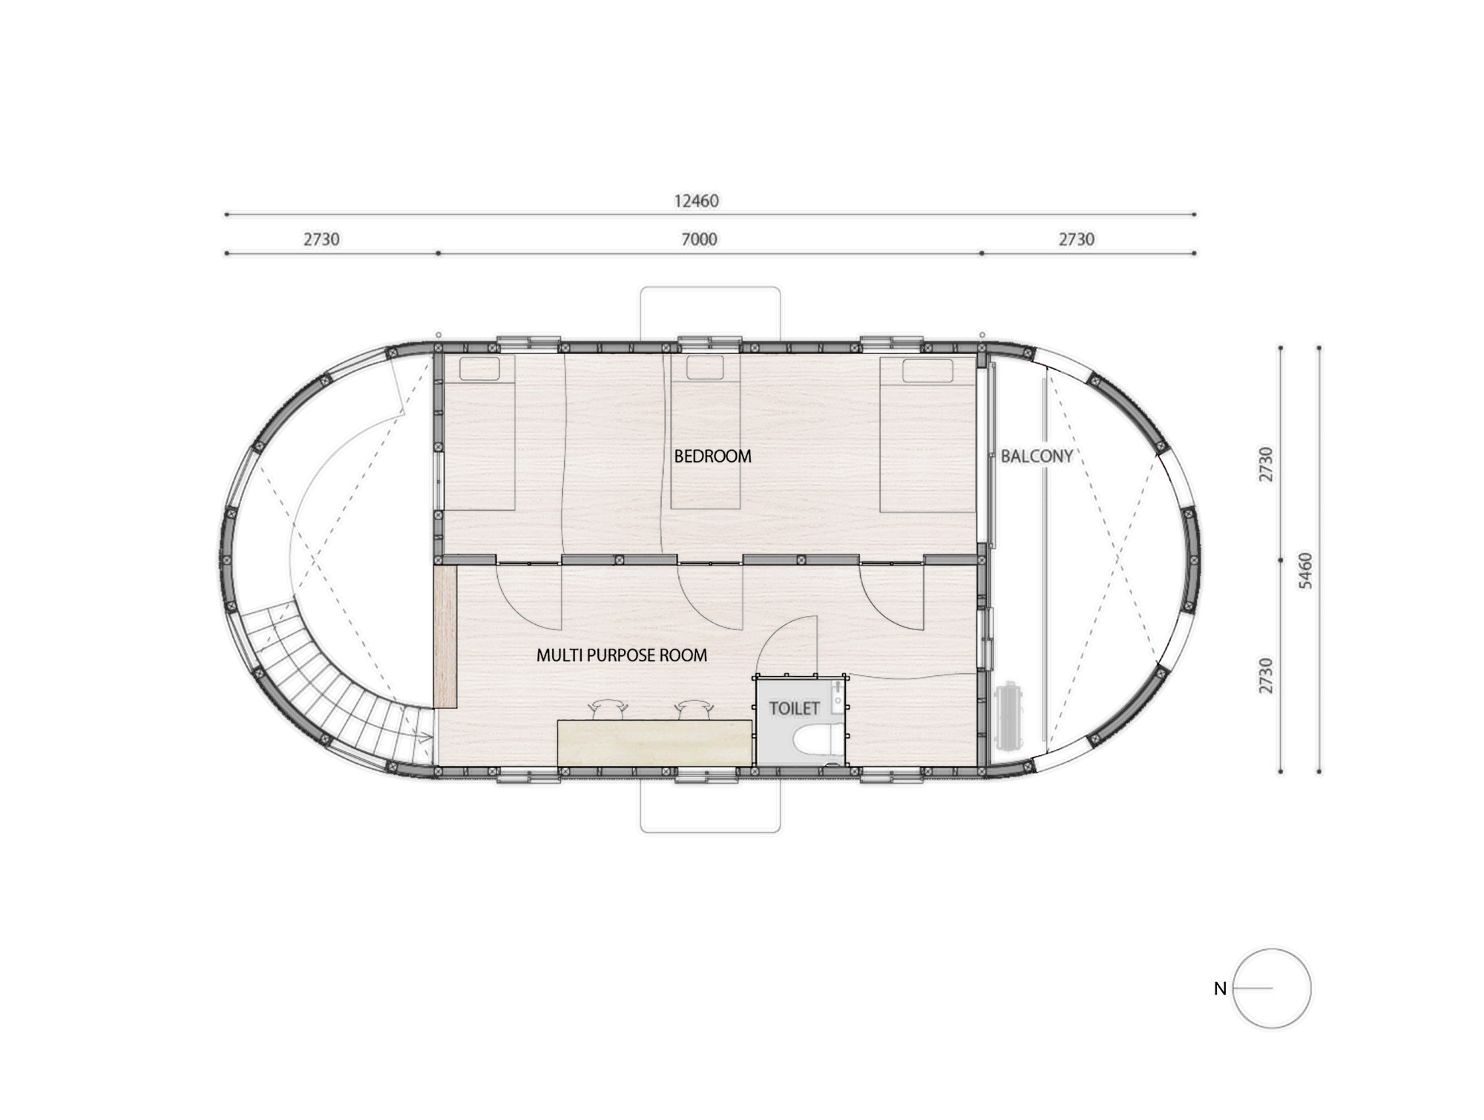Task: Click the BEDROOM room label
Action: (x=712, y=456)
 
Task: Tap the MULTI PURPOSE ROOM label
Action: (x=622, y=655)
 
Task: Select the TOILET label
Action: (x=794, y=708)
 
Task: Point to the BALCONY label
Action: (x=1037, y=456)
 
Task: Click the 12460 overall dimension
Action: (x=696, y=200)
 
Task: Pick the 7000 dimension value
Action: (x=699, y=239)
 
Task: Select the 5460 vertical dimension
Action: (x=1306, y=570)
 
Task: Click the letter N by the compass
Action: (x=1220, y=989)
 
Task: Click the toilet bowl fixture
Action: (x=815, y=739)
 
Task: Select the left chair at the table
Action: (x=608, y=709)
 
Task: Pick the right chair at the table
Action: (x=695, y=709)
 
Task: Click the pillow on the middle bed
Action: (x=704, y=367)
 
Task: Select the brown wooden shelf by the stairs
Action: (x=445, y=637)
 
